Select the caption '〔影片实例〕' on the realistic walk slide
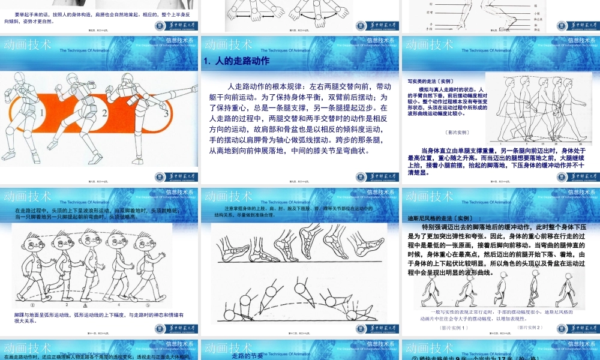(x=457, y=133)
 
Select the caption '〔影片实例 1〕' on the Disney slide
(x=454, y=328)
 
